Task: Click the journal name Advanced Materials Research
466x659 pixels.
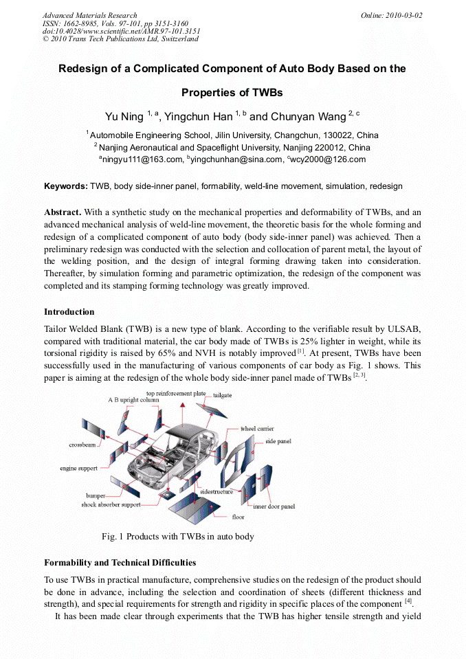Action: point(89,15)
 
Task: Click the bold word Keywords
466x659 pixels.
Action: point(65,186)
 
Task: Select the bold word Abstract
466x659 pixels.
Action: point(63,212)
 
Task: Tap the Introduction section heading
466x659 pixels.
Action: point(69,312)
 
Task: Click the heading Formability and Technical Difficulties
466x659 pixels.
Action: point(120,562)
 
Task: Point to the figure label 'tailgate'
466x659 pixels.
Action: point(222,396)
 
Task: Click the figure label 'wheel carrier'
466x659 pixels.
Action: point(257,428)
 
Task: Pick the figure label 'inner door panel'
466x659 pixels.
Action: point(274,506)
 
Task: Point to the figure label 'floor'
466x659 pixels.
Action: point(238,517)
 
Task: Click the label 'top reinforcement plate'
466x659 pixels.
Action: point(176,393)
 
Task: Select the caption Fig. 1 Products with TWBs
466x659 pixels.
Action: point(177,536)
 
